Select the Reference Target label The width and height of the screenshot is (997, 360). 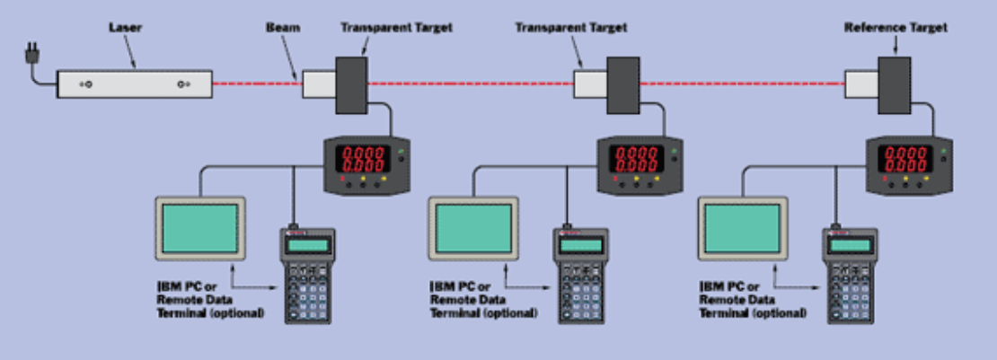[896, 28]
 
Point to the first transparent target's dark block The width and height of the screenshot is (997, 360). [352, 84]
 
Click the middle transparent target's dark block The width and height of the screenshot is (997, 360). [622, 84]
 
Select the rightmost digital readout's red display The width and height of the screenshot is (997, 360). [907, 160]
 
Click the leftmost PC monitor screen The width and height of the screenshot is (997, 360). [200, 226]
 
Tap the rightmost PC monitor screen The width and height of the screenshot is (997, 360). [742, 226]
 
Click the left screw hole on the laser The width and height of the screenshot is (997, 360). [88, 84]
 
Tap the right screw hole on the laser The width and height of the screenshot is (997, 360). [183, 84]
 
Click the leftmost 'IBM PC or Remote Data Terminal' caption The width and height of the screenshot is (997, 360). [210, 300]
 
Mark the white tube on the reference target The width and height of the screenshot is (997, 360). [861, 84]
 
